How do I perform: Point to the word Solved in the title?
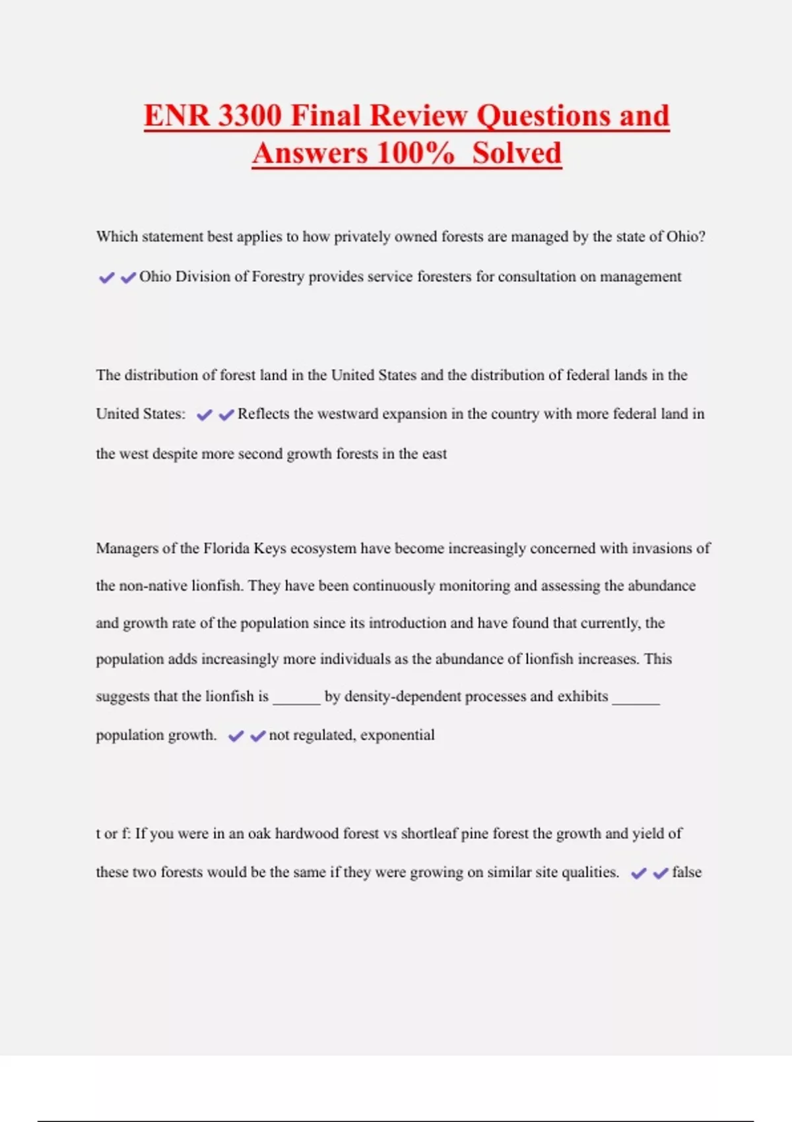(517, 153)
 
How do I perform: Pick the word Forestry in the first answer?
(278, 277)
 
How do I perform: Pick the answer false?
(686, 873)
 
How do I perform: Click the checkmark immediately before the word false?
(661, 873)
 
